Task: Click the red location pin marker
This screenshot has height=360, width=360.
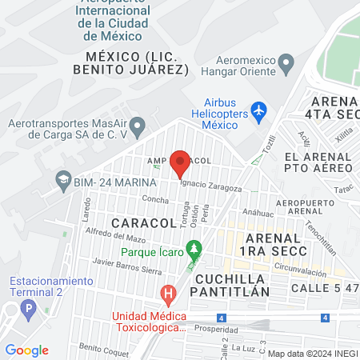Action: click(x=180, y=163)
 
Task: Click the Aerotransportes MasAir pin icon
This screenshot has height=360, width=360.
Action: click(x=138, y=126)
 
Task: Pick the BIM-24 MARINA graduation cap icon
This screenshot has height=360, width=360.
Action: click(x=62, y=182)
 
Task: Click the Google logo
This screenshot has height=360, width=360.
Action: click(x=27, y=350)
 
